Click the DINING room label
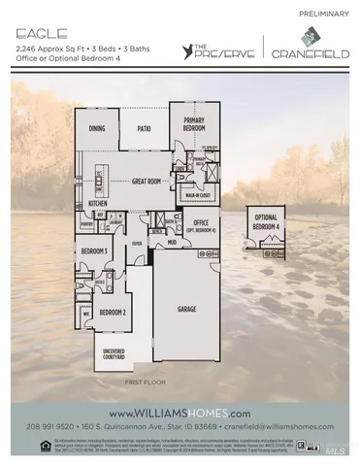[x=97, y=128]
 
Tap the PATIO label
[x=145, y=128]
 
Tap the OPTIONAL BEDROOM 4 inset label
[x=268, y=222]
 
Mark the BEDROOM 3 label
[x=94, y=251]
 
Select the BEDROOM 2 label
[x=114, y=312]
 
